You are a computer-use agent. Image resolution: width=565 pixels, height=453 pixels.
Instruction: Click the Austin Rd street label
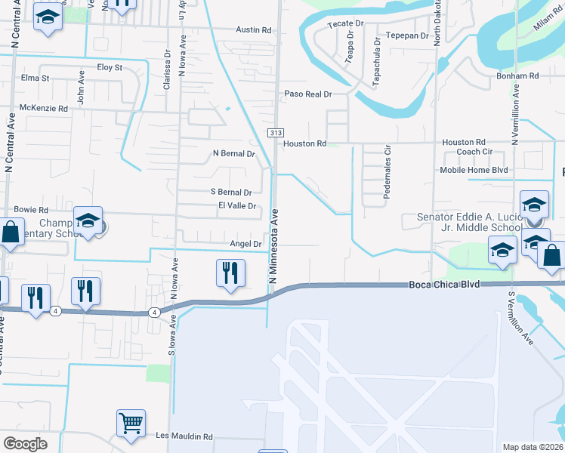click(x=253, y=30)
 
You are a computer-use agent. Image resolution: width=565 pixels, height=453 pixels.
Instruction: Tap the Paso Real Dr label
click(x=308, y=94)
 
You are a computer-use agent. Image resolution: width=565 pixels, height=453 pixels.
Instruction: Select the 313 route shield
click(x=274, y=133)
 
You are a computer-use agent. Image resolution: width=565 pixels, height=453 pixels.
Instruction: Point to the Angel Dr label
click(x=245, y=244)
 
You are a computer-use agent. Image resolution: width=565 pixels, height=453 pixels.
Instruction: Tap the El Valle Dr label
click(x=238, y=205)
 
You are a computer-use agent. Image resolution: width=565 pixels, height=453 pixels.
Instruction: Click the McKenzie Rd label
click(x=43, y=109)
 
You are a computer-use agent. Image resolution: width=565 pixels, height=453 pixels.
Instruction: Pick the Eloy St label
click(x=110, y=67)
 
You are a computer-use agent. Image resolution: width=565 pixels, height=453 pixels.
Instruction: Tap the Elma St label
click(x=36, y=78)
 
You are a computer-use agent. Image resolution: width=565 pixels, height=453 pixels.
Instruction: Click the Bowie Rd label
click(x=31, y=210)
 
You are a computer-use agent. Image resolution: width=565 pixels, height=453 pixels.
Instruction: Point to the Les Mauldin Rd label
click(x=184, y=436)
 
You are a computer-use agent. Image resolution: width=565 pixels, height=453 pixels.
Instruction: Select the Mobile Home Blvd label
click(x=474, y=171)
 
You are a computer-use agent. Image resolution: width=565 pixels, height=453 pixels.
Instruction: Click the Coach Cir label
click(x=474, y=152)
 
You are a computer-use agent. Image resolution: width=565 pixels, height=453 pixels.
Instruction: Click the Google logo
click(x=25, y=444)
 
